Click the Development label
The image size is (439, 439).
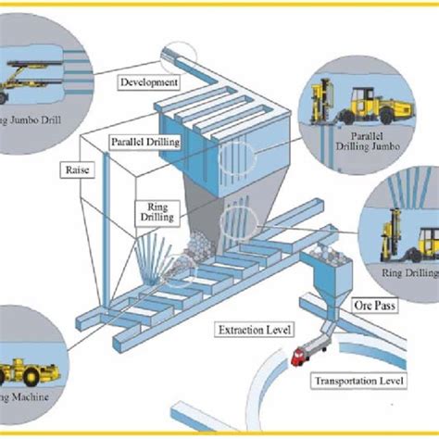[x=148, y=83]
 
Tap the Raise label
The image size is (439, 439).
[x=75, y=170]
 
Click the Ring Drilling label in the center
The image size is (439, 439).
[x=156, y=213]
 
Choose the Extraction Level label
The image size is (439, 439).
[x=254, y=329]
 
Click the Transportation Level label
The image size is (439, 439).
[x=359, y=381]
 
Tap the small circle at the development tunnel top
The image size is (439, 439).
[x=177, y=57]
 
